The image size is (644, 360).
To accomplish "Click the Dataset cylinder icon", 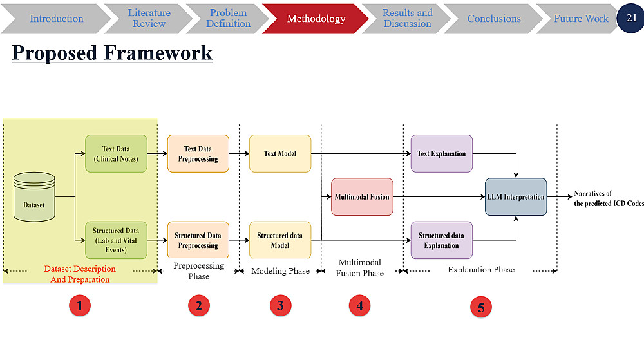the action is pyautogui.click(x=34, y=196).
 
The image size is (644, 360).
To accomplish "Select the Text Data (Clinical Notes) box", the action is pyautogui.click(x=116, y=153).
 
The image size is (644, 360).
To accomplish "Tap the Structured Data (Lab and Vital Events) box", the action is pyautogui.click(x=116, y=240).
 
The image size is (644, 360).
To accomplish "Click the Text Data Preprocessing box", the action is pyautogui.click(x=198, y=153).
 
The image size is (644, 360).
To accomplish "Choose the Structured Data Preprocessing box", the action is pyautogui.click(x=198, y=240).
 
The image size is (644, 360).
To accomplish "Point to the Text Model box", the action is pyautogui.click(x=280, y=153).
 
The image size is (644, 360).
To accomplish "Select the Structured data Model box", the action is pyautogui.click(x=280, y=240).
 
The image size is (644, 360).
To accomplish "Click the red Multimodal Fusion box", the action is pyautogui.click(x=362, y=196).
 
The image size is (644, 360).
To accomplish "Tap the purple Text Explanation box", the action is pyautogui.click(x=442, y=153).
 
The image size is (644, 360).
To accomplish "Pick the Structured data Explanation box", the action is pyautogui.click(x=442, y=240).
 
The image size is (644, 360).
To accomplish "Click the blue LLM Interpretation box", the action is pyautogui.click(x=516, y=196).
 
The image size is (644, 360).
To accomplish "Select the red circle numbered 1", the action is pyautogui.click(x=80, y=306).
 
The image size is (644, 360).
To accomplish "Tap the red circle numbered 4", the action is pyautogui.click(x=360, y=306).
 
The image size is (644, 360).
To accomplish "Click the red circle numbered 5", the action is pyautogui.click(x=481, y=307).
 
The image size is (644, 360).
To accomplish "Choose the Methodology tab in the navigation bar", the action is pyautogui.click(x=316, y=19).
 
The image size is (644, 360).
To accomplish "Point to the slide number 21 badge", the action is pyautogui.click(x=631, y=17).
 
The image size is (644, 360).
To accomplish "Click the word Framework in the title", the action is pyautogui.click(x=158, y=53).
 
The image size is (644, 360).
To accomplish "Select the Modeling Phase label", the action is pyautogui.click(x=281, y=271).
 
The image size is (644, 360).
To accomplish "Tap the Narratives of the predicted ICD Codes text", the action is pyautogui.click(x=609, y=198).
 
